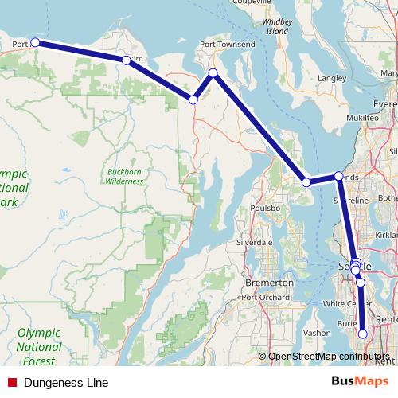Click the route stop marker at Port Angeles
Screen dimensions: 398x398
[x=35, y=43]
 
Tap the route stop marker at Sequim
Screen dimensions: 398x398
[x=126, y=60]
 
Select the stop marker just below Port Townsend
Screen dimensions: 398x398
[x=213, y=73]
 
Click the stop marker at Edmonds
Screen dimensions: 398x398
[x=338, y=176]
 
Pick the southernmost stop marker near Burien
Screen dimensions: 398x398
[x=363, y=334]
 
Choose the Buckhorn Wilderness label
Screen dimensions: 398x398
[x=125, y=176]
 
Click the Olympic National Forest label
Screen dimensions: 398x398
[x=39, y=341]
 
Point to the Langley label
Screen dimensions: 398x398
[x=331, y=79]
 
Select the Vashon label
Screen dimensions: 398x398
[x=317, y=333]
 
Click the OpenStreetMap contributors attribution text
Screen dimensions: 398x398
[x=329, y=356]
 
